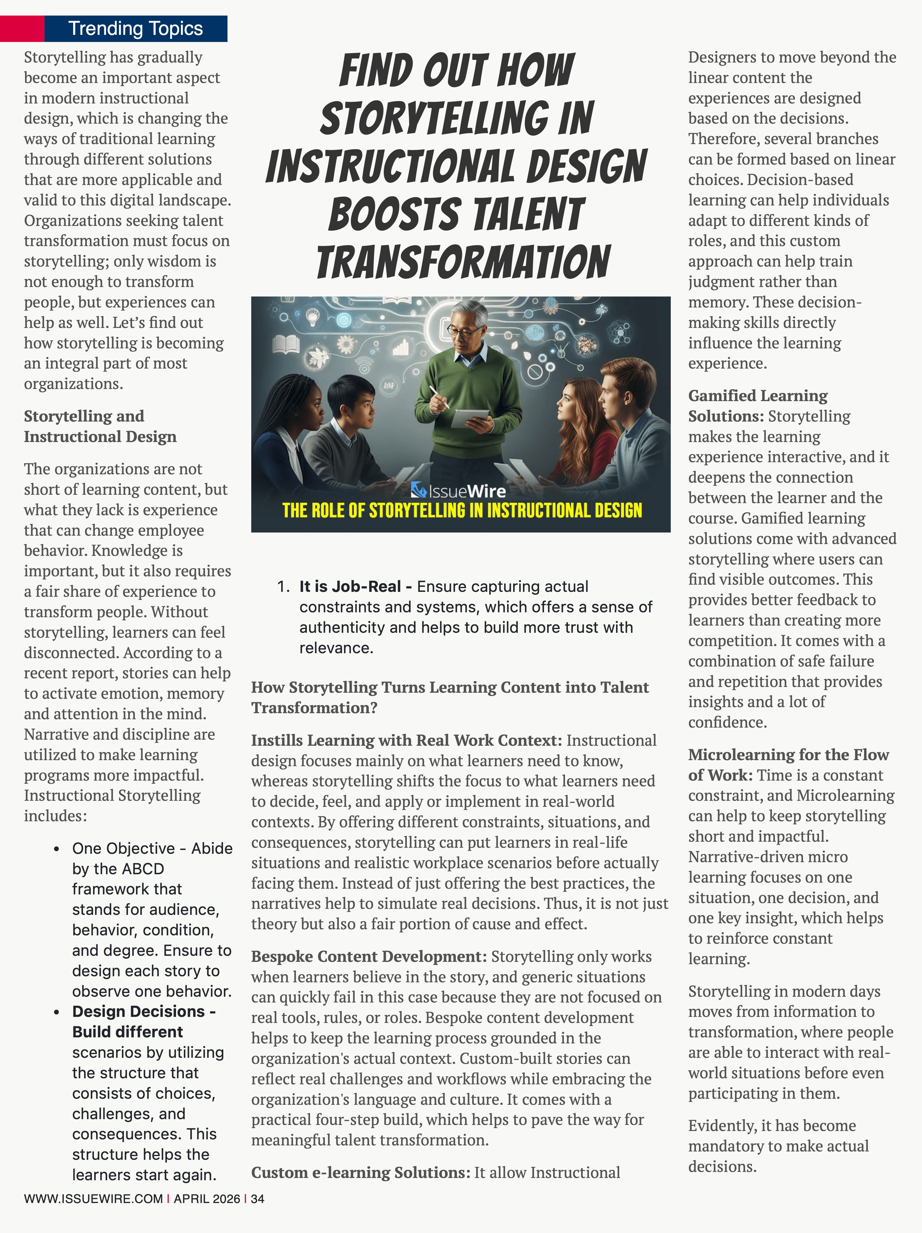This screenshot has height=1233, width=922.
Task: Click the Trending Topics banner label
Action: (135, 29)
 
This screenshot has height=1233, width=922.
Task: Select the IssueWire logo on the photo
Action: (458, 490)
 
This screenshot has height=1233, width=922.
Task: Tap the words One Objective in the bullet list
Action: (123, 848)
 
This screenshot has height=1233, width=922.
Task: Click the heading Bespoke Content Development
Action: (369, 957)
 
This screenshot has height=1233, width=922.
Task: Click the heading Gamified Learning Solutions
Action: (758, 406)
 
